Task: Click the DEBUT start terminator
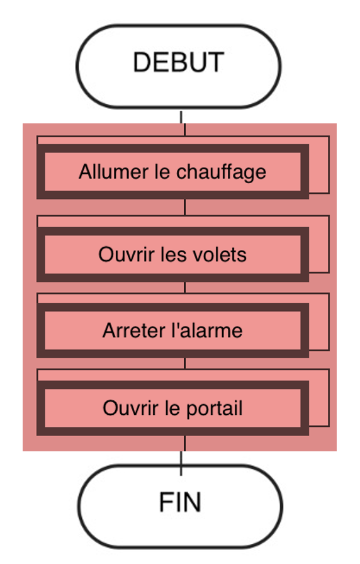pos(178,66)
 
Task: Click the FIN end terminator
pos(180,507)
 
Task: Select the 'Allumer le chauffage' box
pos(172,172)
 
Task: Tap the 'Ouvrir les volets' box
pos(172,254)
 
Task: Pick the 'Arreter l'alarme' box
pos(172,330)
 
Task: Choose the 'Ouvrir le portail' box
pos(172,408)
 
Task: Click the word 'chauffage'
pos(221,172)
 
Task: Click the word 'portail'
pos(215,409)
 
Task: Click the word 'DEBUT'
pos(179,62)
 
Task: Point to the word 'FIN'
pos(180,502)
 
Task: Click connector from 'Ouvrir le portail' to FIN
pos(183,455)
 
